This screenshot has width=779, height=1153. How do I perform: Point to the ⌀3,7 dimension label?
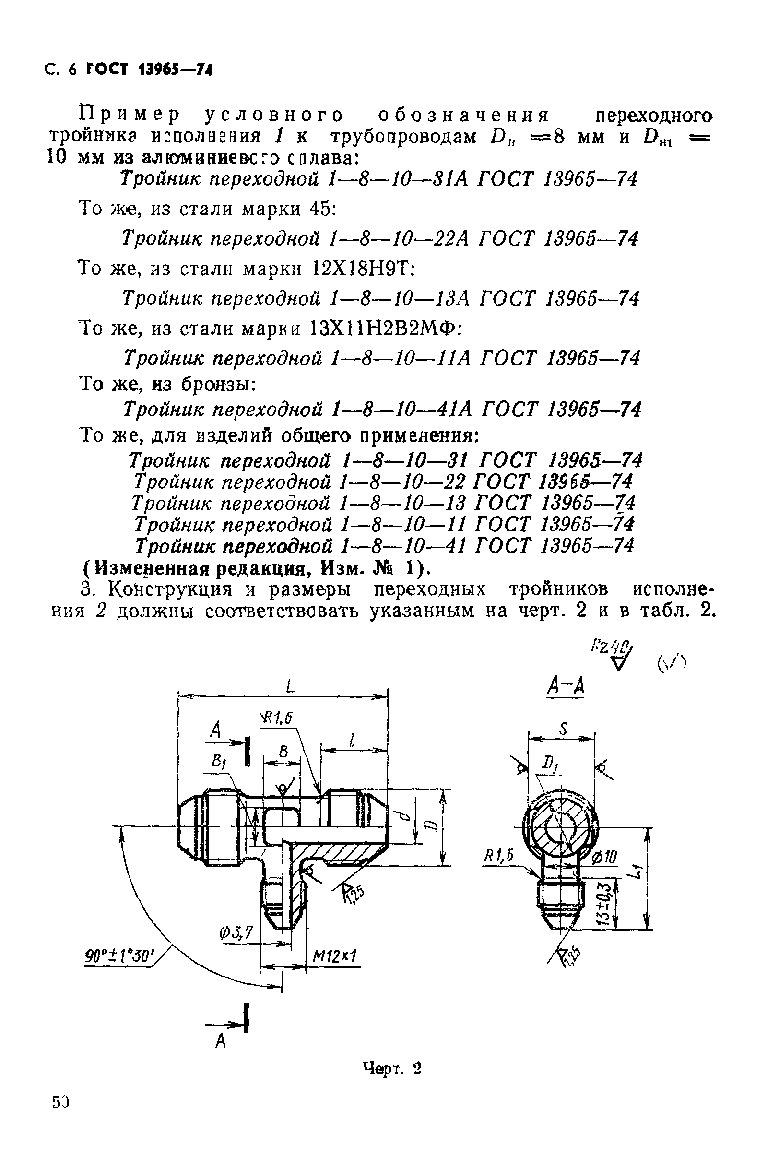click(236, 934)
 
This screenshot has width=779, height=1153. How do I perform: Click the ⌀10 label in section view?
click(604, 856)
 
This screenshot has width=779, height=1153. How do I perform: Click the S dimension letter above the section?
click(562, 729)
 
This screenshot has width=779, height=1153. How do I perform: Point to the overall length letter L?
click(290, 687)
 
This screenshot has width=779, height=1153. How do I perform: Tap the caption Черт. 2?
click(391, 1068)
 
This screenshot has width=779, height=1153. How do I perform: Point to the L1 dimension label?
click(638, 871)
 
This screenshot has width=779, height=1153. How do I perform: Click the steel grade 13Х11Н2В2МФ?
click(385, 328)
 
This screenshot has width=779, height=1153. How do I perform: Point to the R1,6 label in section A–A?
click(498, 856)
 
